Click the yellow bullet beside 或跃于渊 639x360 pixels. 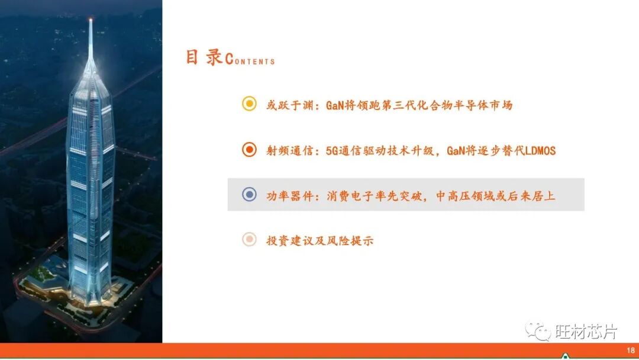click(249, 104)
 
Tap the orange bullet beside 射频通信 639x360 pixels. click(249, 150)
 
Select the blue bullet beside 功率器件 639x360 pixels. click(249, 194)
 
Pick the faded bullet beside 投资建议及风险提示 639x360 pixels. click(249, 240)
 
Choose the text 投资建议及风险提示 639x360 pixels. click(320, 240)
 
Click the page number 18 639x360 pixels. click(630, 350)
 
